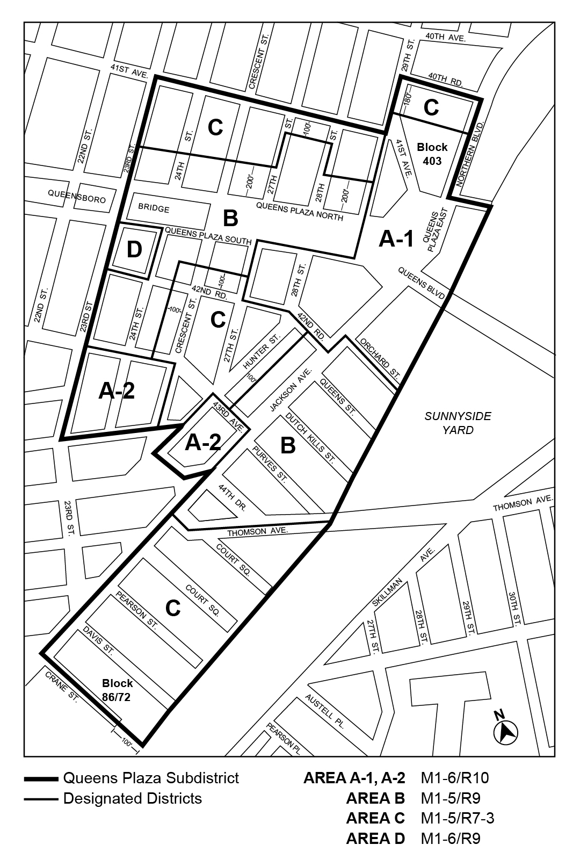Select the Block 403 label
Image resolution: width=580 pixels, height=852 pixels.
(432, 154)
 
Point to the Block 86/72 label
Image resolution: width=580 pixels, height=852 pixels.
(118, 690)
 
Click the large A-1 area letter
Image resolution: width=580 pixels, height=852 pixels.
(396, 239)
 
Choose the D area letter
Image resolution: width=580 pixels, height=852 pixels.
(134, 250)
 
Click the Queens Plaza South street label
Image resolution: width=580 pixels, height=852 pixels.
(208, 236)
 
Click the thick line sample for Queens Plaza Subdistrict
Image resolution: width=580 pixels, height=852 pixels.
(41, 778)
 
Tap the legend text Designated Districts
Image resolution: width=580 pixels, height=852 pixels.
(132, 799)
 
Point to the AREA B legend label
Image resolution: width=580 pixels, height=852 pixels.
(375, 798)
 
